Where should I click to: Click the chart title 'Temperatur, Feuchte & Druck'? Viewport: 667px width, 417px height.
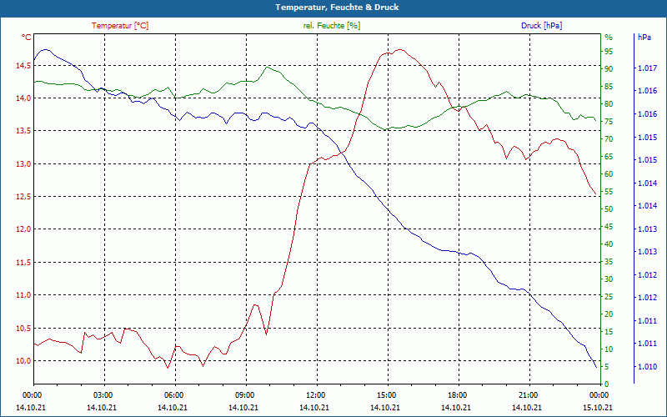pos(333,7)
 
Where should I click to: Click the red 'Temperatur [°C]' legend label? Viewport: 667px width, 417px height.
pos(120,26)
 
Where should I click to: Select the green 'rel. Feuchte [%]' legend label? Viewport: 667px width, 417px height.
pos(332,26)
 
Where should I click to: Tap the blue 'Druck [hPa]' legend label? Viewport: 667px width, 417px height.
pos(541,26)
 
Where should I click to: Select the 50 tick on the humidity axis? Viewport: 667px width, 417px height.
pos(609,209)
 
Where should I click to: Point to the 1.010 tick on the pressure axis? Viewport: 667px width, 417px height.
pos(646,367)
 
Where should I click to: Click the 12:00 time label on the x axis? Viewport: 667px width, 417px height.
pos(316,395)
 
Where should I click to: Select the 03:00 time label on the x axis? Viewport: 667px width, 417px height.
pos(103,395)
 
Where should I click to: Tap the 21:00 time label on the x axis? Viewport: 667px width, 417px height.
pos(528,395)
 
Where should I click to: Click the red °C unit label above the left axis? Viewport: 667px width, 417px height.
pos(26,38)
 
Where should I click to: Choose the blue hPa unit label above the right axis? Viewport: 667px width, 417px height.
pos(644,38)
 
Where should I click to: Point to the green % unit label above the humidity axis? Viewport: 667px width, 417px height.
pos(608,38)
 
